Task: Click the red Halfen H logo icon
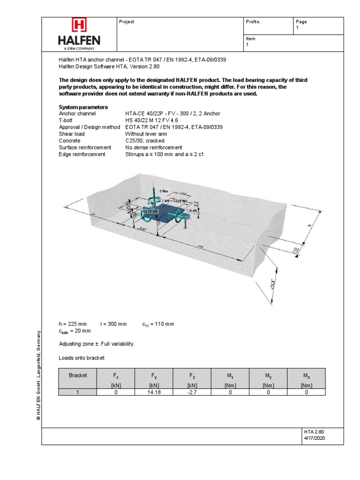(x=79, y=25)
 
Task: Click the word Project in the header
(x=127, y=22)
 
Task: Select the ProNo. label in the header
(x=253, y=22)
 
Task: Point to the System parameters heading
(x=83, y=107)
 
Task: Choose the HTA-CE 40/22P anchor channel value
(x=172, y=114)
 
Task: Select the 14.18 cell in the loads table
(x=154, y=392)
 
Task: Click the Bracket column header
(x=77, y=375)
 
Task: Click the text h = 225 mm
(x=73, y=324)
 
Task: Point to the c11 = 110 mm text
(x=158, y=324)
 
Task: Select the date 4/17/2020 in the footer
(x=314, y=438)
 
